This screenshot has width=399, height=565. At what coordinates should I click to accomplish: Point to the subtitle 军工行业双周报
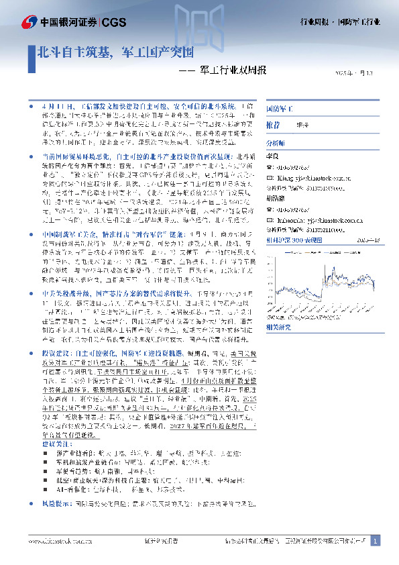pos(233,70)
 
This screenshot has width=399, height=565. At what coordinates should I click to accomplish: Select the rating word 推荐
pos(273,125)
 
